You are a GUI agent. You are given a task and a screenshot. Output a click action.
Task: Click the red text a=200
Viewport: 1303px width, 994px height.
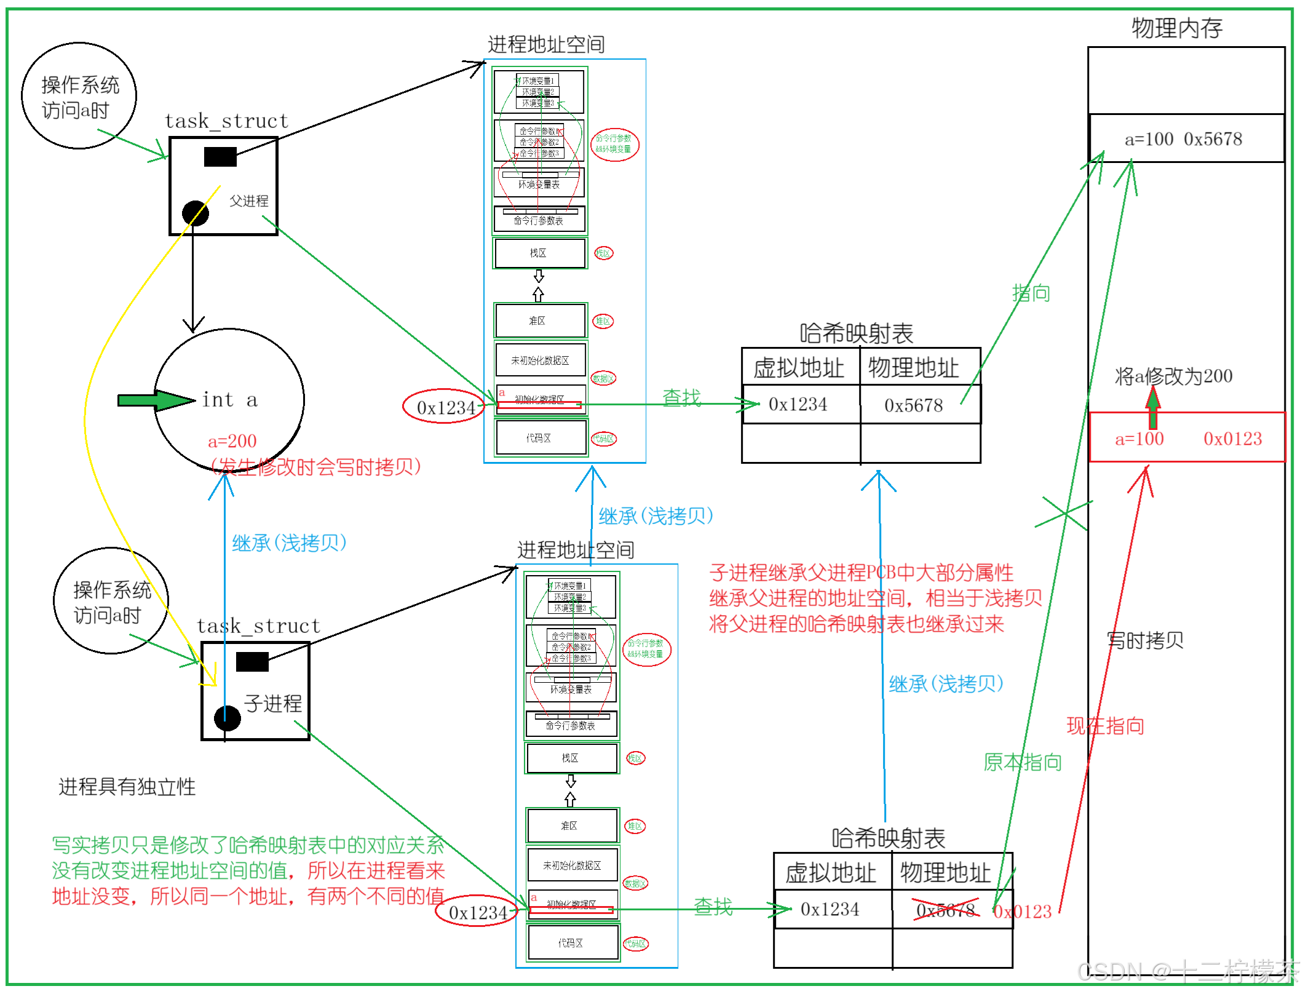[x=232, y=441]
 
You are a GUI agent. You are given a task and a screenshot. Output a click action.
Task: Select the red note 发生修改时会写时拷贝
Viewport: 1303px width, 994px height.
[x=316, y=467]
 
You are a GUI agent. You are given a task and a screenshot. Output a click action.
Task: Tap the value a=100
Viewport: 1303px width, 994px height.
[x=1139, y=439]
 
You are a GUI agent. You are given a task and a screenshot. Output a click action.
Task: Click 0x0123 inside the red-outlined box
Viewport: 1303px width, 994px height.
[x=1232, y=439]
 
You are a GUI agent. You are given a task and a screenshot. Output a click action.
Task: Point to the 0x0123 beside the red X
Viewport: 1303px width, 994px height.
[x=1023, y=911]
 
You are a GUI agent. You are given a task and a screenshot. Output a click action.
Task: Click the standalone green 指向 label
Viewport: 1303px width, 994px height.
[x=1031, y=293]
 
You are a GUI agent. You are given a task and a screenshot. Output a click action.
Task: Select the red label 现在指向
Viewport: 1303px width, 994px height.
[x=1105, y=726]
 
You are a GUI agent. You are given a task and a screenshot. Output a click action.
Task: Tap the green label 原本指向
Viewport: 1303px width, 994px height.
[x=1022, y=763]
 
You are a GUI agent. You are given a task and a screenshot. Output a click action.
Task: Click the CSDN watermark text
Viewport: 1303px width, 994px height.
[x=1186, y=971]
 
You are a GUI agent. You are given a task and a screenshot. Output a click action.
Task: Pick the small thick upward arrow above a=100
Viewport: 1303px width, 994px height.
[x=1154, y=407]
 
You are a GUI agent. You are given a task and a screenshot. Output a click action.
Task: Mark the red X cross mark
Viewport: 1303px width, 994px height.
[x=946, y=909]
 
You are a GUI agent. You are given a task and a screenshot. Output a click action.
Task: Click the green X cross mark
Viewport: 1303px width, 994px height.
[x=1064, y=513]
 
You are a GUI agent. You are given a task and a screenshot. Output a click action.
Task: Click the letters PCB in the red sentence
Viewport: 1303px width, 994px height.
[x=881, y=573]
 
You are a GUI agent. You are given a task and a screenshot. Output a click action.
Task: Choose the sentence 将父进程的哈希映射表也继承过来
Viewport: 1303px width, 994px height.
[x=857, y=624]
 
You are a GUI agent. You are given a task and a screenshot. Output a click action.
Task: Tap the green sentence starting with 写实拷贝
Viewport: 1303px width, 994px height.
[x=248, y=845]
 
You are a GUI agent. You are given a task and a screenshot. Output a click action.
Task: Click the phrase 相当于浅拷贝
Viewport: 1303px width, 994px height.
[x=984, y=598]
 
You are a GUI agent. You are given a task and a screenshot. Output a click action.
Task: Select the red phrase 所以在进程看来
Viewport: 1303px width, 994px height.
[x=376, y=870]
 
